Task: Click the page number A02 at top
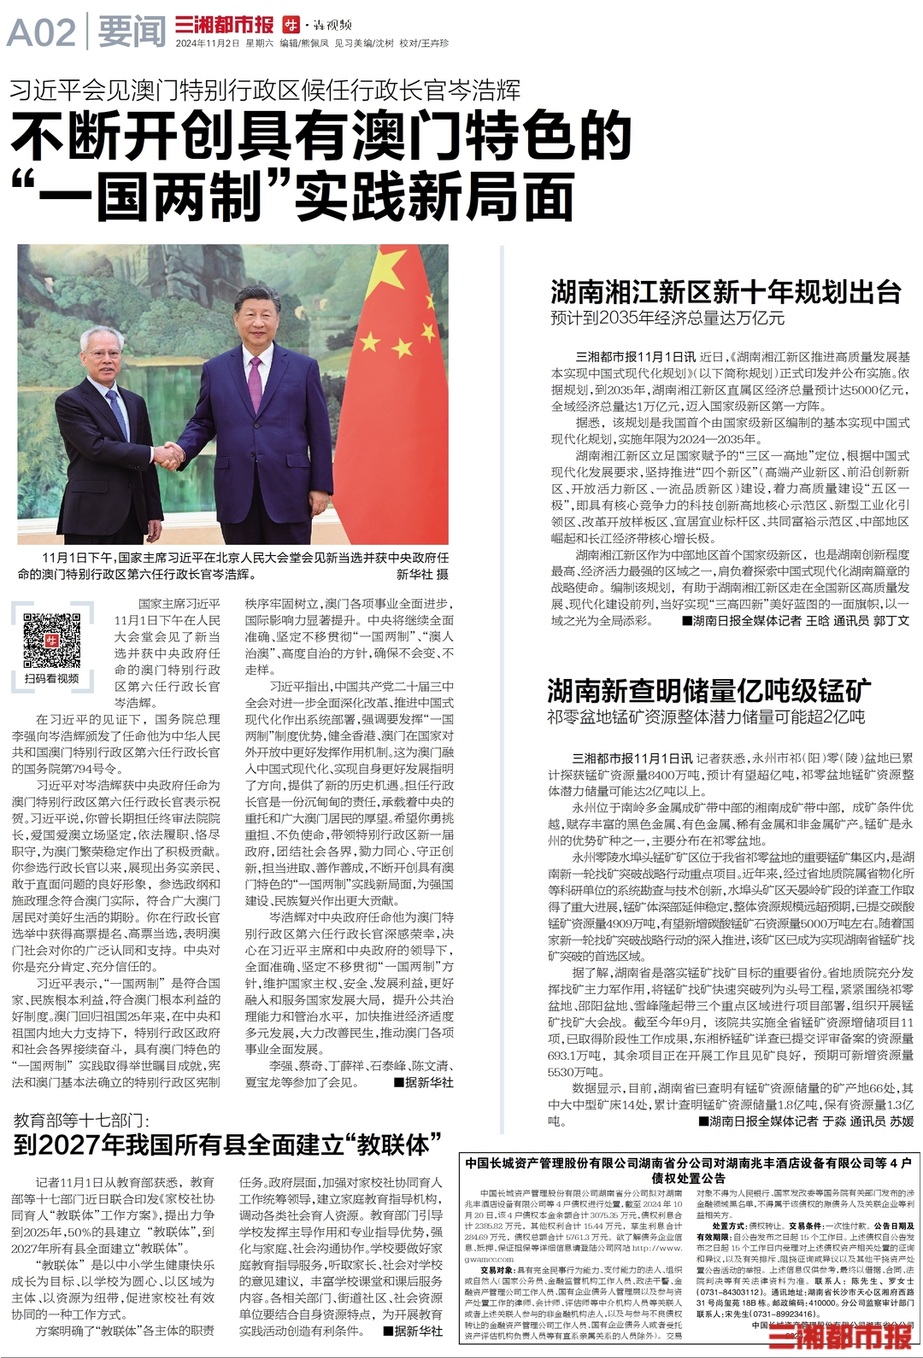point(41,33)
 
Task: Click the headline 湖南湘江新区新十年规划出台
point(726,292)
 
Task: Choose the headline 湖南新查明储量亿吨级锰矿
point(709,690)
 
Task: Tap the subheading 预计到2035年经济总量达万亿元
point(667,319)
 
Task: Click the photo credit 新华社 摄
point(421,574)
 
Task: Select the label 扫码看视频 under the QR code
point(51,678)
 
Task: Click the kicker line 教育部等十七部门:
point(81,1120)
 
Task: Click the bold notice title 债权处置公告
point(688,1179)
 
